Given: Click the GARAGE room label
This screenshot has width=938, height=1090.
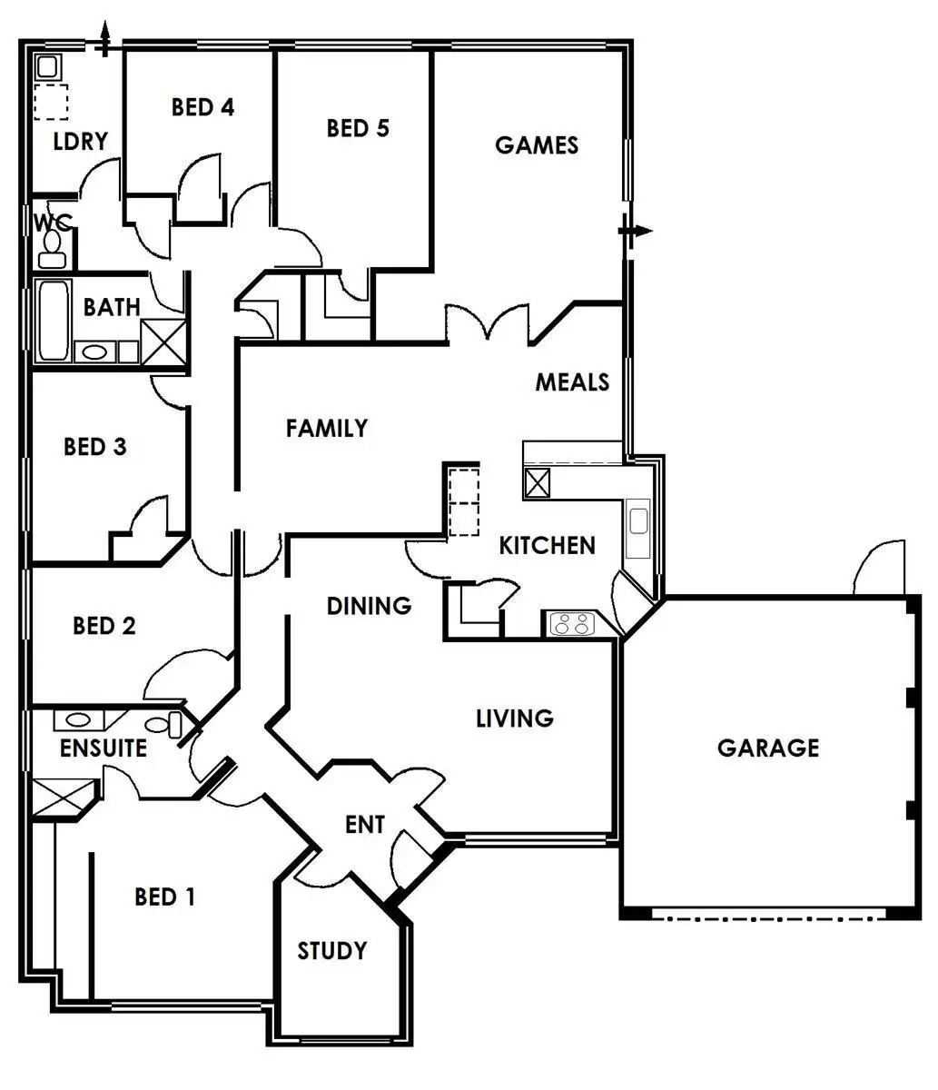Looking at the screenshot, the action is [x=767, y=748].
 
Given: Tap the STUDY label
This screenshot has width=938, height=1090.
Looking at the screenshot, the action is [x=332, y=951].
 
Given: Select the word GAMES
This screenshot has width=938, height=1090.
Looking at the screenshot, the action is [x=537, y=145].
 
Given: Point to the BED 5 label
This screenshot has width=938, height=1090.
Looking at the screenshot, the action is [x=358, y=128].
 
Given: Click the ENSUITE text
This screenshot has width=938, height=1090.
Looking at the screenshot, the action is [x=104, y=748].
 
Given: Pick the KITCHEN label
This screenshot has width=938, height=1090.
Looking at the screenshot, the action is [x=548, y=545].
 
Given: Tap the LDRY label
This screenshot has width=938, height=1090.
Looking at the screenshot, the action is [x=80, y=141].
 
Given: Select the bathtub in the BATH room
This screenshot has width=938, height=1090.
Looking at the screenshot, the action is [x=52, y=321].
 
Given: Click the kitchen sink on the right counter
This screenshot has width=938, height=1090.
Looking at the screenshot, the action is [x=638, y=521].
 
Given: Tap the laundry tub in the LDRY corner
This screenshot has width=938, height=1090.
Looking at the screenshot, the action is [x=47, y=66].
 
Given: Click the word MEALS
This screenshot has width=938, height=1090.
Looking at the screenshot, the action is [x=572, y=382].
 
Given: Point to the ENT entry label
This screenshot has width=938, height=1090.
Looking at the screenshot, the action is [x=365, y=825].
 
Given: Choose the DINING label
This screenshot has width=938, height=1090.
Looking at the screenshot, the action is [x=369, y=605].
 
